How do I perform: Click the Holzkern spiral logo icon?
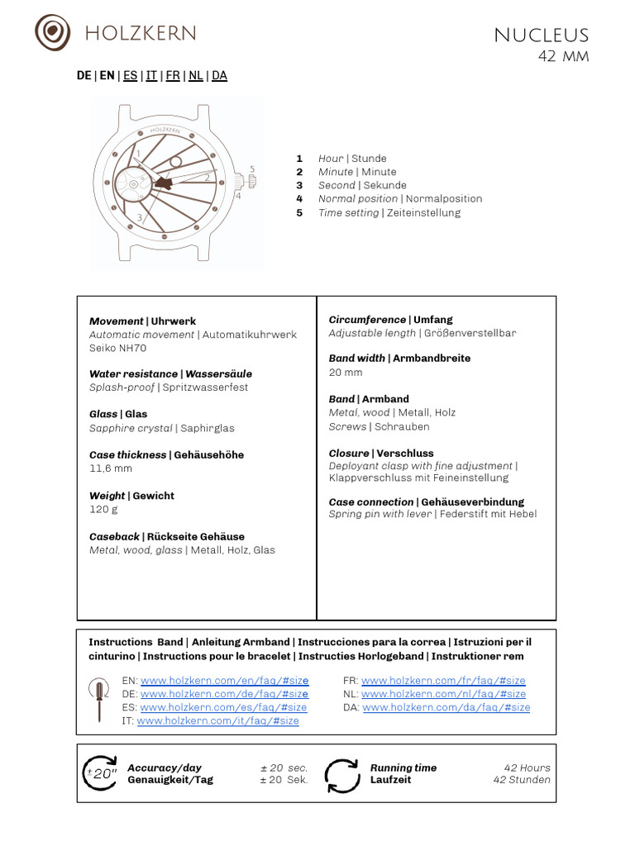52,32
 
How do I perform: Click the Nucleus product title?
541,36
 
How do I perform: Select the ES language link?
131,75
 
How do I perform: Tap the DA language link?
219,75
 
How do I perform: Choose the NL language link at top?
196,75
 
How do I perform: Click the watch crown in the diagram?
249,179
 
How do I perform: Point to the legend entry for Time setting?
389,212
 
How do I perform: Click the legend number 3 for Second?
299,185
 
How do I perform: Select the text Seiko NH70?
117,348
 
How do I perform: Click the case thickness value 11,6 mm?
111,468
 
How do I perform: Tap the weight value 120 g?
103,509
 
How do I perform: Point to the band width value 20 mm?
346,373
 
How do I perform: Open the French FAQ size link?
443,681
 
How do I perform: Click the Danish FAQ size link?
446,707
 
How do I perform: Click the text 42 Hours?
527,768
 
